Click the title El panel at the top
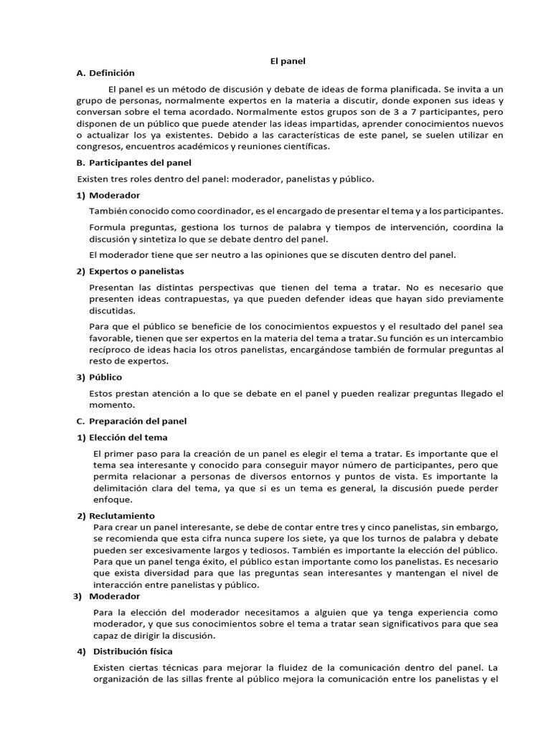click(287, 61)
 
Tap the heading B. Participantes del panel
click(133, 163)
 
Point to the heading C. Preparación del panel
click(131, 421)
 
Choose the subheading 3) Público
click(99, 377)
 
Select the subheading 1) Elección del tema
click(123, 437)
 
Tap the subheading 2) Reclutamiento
click(116, 516)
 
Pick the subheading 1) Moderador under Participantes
click(108, 195)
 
